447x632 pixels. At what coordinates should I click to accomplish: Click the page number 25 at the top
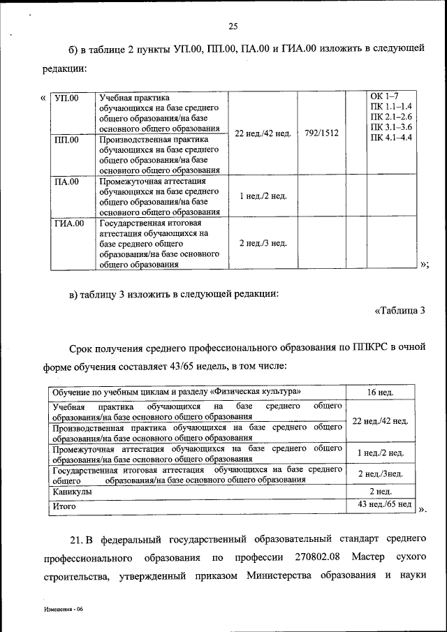click(233, 27)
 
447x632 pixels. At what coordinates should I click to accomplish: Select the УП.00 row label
click(66, 98)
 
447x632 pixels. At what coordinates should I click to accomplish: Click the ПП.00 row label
click(66, 140)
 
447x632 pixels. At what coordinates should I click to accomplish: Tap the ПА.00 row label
click(66, 182)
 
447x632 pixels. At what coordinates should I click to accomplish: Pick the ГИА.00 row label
click(69, 223)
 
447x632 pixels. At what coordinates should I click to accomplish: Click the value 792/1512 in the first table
click(321, 133)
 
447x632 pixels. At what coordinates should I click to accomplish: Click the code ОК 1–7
click(383, 96)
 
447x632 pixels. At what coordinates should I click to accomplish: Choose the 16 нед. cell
click(381, 392)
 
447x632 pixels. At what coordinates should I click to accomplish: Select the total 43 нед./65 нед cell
click(384, 504)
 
